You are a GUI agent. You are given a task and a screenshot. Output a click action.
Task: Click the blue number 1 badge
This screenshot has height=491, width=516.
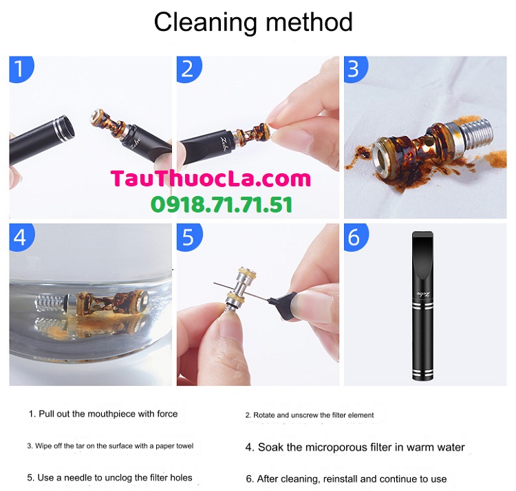tap(21, 69)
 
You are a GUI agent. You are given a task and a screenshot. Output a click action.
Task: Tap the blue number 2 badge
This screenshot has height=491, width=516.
tap(189, 69)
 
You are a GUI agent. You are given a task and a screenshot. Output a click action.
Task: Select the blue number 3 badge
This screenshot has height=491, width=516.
tap(356, 69)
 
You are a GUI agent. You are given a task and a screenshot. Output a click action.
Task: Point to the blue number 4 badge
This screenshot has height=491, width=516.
tap(21, 237)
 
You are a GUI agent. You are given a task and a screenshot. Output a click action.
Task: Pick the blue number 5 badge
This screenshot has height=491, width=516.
tap(189, 237)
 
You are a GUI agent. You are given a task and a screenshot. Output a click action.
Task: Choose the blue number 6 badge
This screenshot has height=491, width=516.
tap(356, 237)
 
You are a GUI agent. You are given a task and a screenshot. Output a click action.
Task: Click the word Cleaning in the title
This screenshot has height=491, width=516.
tap(205, 23)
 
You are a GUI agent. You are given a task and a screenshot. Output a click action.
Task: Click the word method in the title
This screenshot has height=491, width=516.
tap(309, 23)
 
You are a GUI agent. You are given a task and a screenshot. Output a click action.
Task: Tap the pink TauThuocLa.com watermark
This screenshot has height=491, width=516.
tap(211, 179)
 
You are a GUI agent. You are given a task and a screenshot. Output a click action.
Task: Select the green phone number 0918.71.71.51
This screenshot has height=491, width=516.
tap(222, 204)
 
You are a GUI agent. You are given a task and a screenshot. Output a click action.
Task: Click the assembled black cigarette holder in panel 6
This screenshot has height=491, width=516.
tap(423, 306)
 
